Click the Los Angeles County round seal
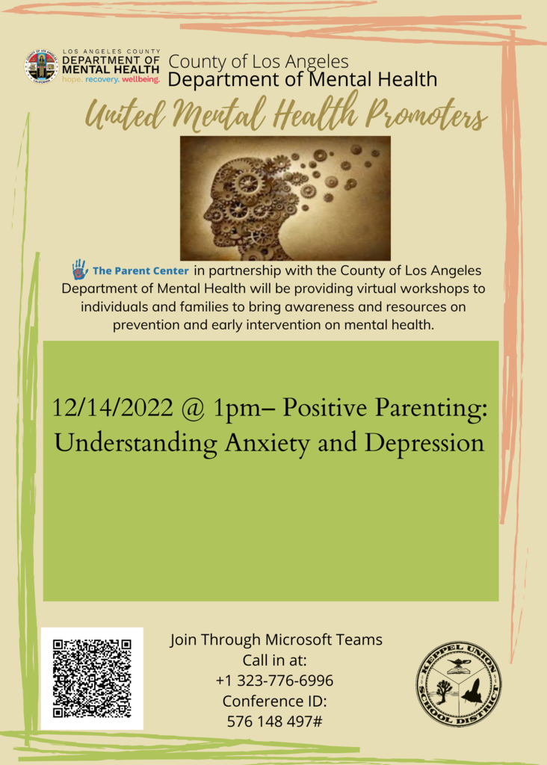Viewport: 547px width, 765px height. tap(42, 66)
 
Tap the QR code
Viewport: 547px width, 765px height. tap(92, 678)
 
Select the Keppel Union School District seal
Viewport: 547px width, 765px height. tap(459, 684)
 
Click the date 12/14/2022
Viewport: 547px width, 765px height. tap(112, 408)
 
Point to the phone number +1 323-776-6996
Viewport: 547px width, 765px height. tap(274, 680)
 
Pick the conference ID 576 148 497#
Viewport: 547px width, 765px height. tap(274, 721)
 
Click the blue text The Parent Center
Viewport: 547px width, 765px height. tap(140, 270)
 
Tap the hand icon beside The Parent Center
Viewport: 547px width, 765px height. tap(80, 269)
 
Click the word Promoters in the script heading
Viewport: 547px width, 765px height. tap(427, 116)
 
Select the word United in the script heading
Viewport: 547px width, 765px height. tap(126, 116)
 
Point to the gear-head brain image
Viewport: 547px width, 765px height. tap(285, 198)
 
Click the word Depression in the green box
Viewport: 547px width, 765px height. tap(424, 444)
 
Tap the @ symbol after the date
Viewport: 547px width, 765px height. tap(194, 409)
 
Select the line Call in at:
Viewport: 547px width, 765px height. tap(275, 660)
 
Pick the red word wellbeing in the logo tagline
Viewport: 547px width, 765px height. tap(141, 79)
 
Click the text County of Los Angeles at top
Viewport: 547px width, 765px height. tap(259, 62)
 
